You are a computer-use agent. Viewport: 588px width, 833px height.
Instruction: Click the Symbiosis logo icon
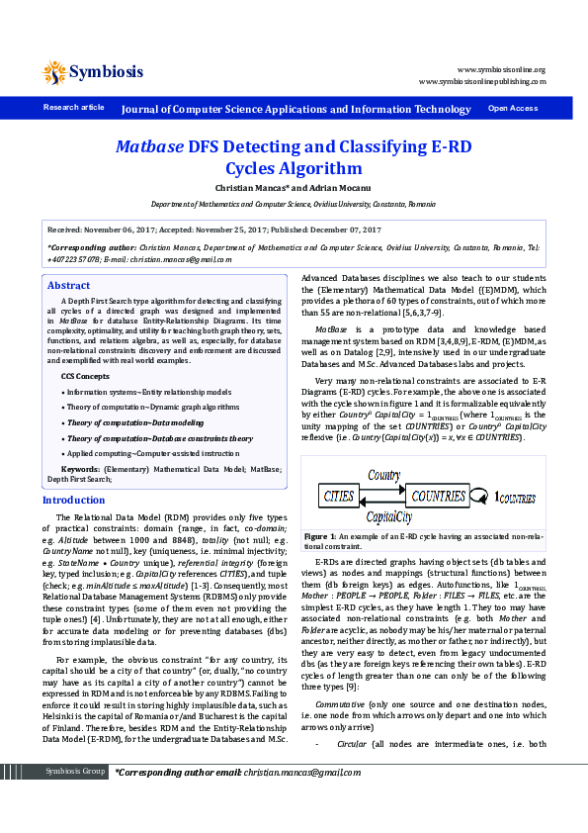[54, 72]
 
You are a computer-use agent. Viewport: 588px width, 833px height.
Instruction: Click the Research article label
[73, 107]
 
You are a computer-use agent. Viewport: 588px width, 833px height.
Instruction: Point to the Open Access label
[513, 108]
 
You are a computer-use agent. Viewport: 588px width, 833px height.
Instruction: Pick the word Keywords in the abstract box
[80, 467]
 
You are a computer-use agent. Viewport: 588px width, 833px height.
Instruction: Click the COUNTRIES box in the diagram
[440, 494]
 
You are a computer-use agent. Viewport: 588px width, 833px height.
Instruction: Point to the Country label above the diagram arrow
[385, 477]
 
